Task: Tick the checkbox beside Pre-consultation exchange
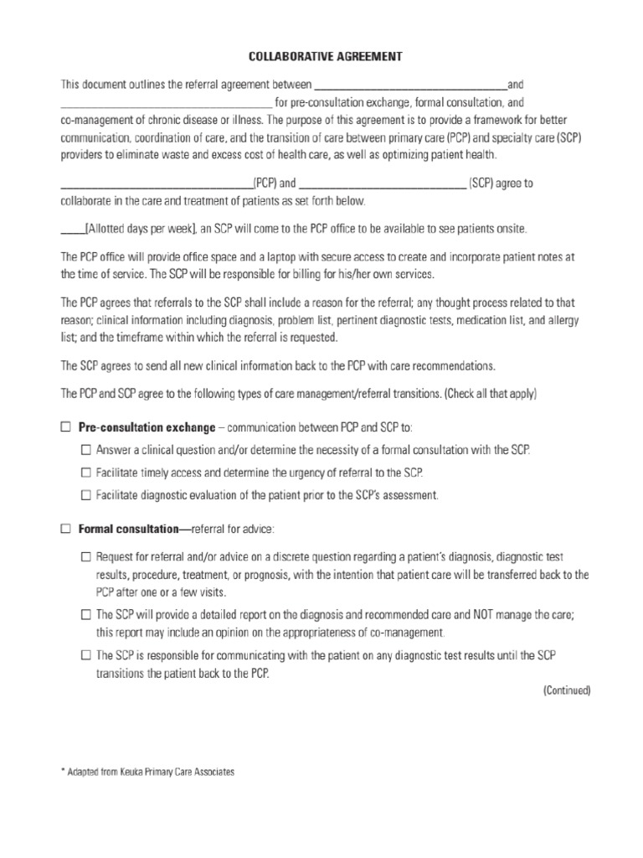[66, 426]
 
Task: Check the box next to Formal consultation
[66, 529]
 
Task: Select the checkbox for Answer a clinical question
[86, 449]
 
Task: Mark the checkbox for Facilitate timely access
[86, 472]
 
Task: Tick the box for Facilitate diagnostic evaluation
[86, 494]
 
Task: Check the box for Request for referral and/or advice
[86, 556]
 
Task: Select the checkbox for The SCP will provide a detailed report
[86, 613]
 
